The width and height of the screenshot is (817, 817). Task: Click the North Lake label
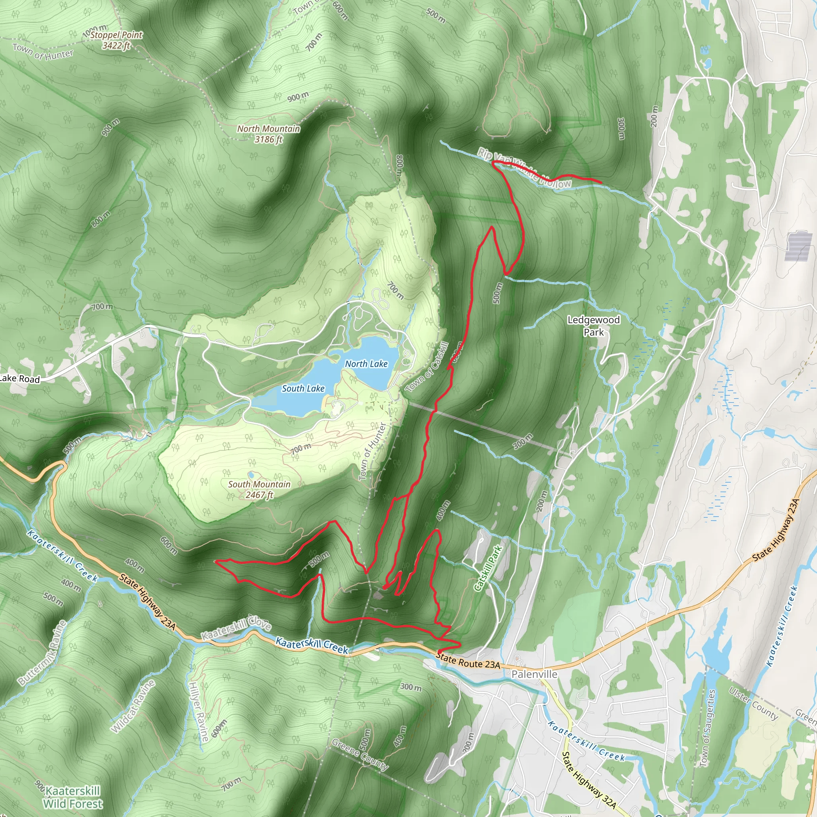point(366,364)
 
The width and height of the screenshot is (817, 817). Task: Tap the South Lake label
point(303,389)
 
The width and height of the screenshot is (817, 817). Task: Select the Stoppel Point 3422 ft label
point(116,40)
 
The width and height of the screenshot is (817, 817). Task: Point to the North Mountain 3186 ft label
point(268,134)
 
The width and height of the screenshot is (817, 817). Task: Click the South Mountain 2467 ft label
point(259,489)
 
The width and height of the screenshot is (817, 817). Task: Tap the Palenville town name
point(534,674)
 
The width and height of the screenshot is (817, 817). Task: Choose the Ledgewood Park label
point(593,326)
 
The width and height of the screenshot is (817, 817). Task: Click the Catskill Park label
point(488,568)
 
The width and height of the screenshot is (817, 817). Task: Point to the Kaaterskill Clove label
point(235,628)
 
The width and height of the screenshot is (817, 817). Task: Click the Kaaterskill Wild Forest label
point(73,797)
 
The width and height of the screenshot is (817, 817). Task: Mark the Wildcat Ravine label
point(133,706)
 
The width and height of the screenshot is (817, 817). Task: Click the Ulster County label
point(753,703)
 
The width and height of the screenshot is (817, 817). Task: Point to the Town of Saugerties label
point(706,728)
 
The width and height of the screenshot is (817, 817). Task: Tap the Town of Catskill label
point(427,367)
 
